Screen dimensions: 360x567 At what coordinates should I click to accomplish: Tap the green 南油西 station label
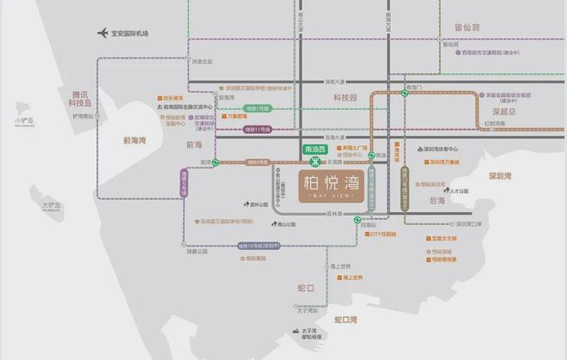(314, 149)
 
